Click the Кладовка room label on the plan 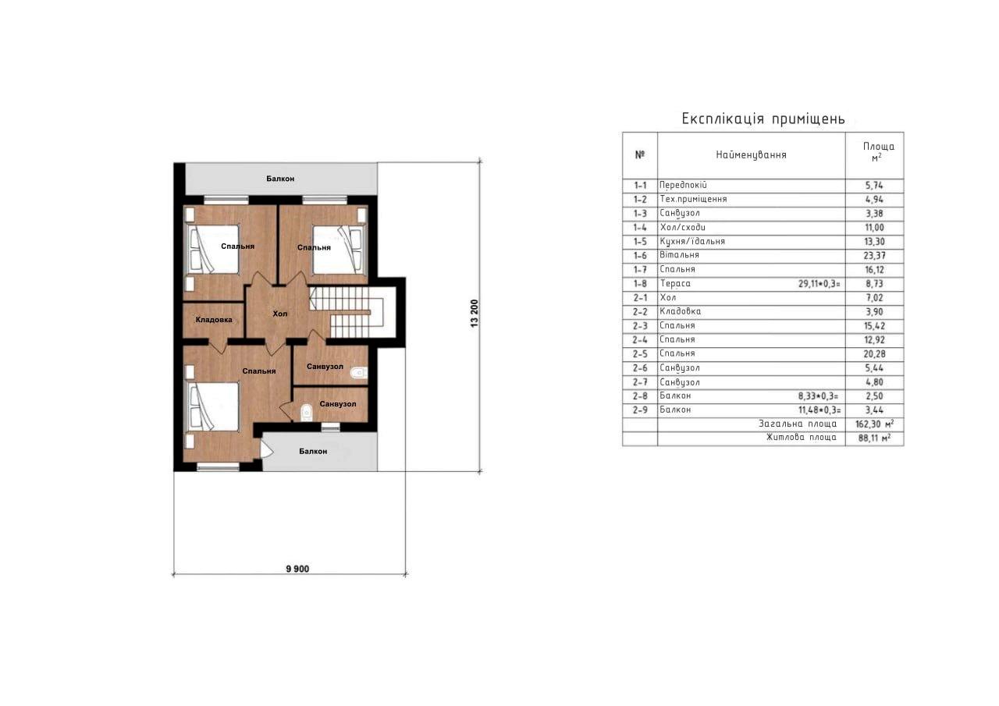pos(214,320)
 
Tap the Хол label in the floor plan pos(280,314)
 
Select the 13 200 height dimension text pos(474,314)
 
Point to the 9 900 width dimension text pos(297,569)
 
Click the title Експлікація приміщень pos(763,119)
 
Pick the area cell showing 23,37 pos(875,255)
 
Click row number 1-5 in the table pos(640,242)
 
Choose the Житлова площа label pos(802,437)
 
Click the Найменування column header pos(751,154)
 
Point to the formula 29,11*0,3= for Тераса pos(819,283)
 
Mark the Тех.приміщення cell pos(693,199)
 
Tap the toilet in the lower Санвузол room pos(307,412)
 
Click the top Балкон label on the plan pos(280,179)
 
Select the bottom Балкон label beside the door pos(313,452)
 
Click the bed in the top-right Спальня pos(340,250)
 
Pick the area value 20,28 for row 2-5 pos(875,354)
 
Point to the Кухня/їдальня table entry pos(692,241)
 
